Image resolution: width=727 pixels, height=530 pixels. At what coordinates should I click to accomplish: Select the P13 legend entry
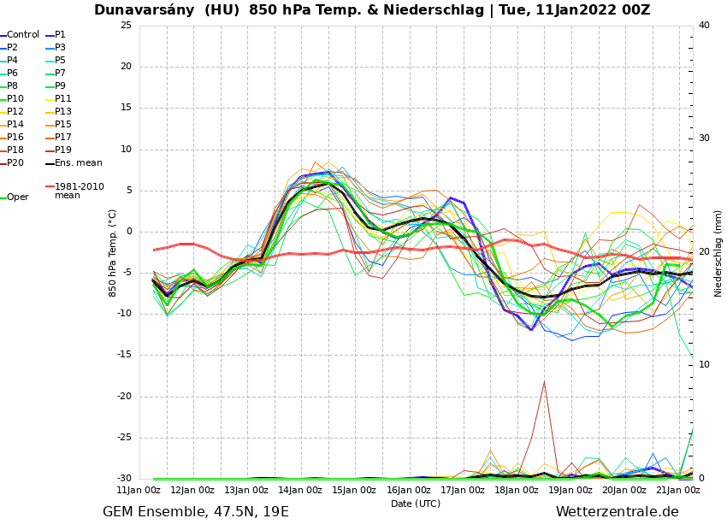click(x=63, y=112)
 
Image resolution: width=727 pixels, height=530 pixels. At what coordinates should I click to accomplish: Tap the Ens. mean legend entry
click(x=78, y=163)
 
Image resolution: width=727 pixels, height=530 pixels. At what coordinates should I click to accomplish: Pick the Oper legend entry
click(x=18, y=197)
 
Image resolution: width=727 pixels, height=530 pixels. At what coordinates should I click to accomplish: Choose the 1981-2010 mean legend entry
click(x=79, y=191)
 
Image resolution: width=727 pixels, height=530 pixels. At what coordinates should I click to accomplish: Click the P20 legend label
click(x=15, y=163)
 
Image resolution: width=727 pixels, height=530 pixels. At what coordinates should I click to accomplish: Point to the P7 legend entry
click(x=60, y=74)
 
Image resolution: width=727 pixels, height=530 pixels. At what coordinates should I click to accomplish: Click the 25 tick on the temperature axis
click(x=126, y=25)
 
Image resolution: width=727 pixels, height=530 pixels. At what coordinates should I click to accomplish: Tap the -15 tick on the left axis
click(x=123, y=355)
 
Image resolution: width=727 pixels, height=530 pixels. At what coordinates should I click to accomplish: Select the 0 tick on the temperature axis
click(x=128, y=232)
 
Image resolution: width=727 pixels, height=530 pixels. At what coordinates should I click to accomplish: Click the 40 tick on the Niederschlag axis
click(x=704, y=25)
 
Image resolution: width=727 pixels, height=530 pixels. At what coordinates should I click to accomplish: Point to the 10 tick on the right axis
click(x=704, y=365)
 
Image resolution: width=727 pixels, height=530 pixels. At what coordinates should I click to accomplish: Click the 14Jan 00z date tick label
click(x=300, y=491)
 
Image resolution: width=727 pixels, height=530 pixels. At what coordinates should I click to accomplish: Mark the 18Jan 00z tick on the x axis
click(x=517, y=491)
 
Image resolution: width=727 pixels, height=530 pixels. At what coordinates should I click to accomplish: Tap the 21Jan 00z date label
click(x=679, y=491)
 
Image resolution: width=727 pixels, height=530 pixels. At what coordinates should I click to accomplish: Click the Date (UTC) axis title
click(x=415, y=503)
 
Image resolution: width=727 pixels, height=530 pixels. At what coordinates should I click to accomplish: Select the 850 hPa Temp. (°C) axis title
click(x=113, y=252)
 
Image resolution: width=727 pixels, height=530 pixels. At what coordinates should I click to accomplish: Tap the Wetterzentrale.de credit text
click(x=617, y=512)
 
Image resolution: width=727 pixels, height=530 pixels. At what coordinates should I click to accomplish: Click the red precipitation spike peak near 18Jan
click(x=544, y=381)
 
